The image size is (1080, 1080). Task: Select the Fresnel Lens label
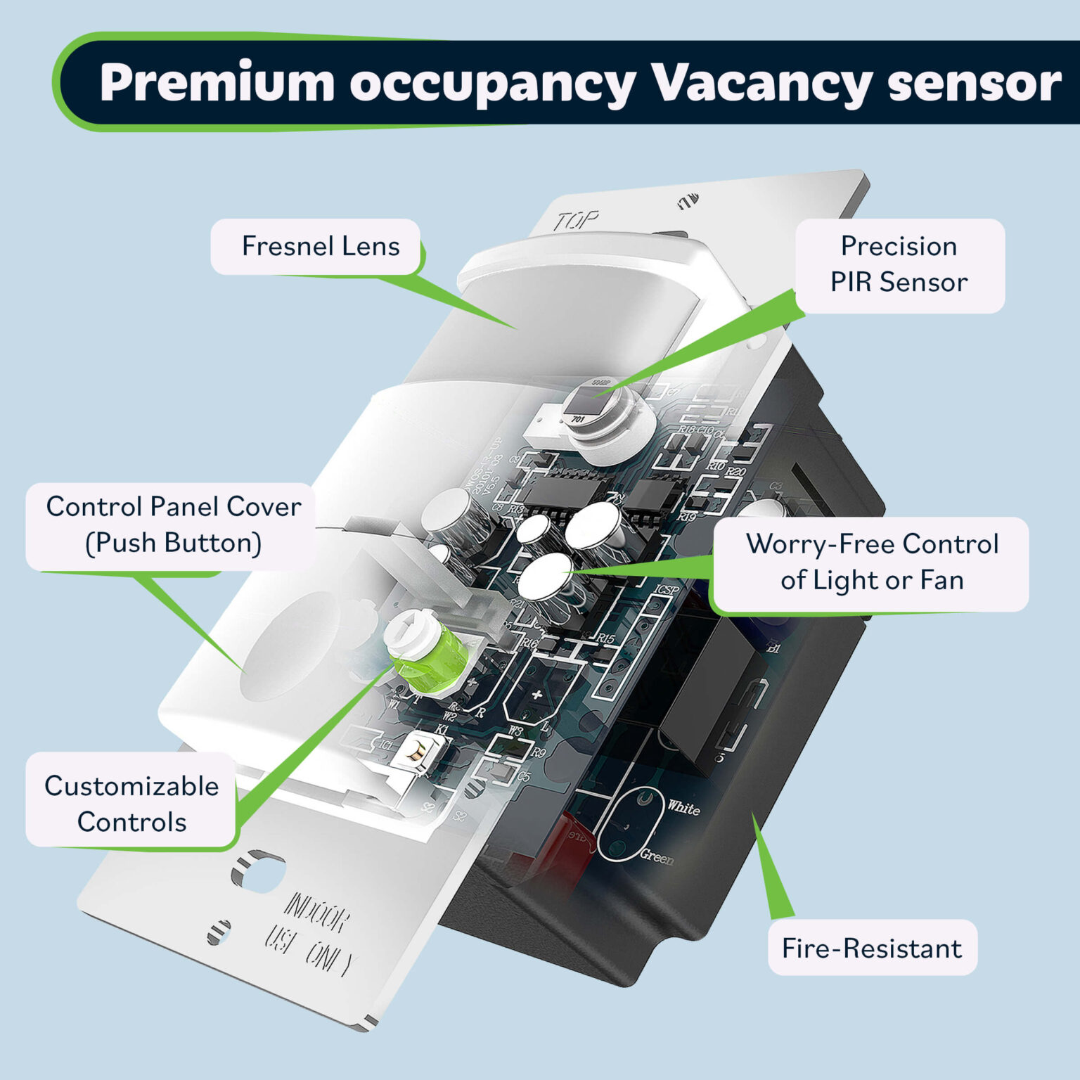pos(320,247)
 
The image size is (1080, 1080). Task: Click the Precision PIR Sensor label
pos(899,265)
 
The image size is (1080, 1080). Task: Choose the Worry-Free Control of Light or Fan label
pos(872,562)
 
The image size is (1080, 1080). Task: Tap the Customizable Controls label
pos(131,804)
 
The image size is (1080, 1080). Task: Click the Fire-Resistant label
pos(871,949)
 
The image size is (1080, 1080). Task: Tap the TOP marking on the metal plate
pos(575,221)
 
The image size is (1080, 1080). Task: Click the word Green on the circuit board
pos(656,857)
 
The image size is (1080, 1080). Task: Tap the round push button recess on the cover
pos(290,645)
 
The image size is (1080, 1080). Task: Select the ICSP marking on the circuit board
pos(667,589)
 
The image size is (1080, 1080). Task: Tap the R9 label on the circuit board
pos(538,752)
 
